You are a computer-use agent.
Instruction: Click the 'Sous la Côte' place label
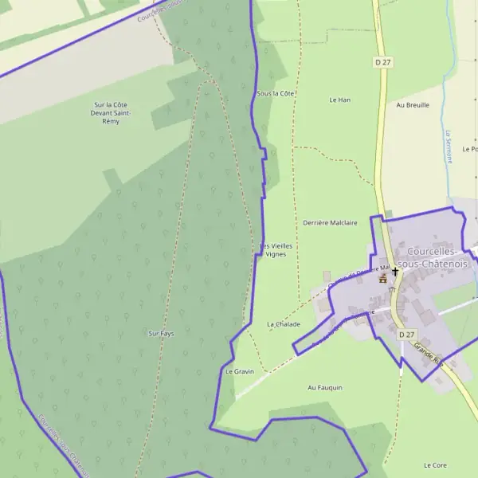click(276, 93)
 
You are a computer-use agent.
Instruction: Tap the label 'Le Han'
click(340, 100)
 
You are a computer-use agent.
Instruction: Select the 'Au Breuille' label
click(412, 104)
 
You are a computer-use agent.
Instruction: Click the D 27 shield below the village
click(406, 335)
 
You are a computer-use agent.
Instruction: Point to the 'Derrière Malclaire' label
click(330, 223)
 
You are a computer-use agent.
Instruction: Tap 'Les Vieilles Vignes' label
click(276, 250)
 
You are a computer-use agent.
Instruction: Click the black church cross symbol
click(395, 272)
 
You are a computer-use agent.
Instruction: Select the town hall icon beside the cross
click(383, 279)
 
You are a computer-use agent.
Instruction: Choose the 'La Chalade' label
click(284, 324)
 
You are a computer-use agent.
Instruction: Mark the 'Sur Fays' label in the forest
click(161, 333)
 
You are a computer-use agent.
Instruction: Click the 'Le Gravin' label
click(239, 371)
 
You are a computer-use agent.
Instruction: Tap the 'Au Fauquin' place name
click(324, 387)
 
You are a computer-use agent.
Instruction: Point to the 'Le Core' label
click(436, 464)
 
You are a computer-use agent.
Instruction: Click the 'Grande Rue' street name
click(428, 355)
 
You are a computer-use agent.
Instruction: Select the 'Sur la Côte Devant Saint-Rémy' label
click(112, 113)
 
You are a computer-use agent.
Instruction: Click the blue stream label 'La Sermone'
click(449, 146)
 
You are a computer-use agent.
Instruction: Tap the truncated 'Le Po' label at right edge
click(469, 149)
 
